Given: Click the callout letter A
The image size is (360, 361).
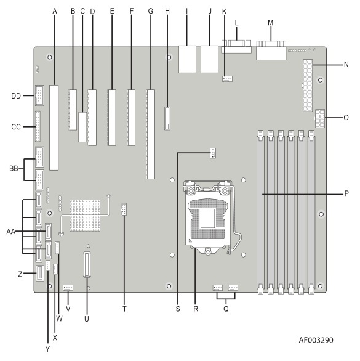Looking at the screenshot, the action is click(55, 11).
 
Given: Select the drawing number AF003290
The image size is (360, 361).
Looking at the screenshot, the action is click(316, 340).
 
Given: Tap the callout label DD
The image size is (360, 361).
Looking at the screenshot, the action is click(16, 95).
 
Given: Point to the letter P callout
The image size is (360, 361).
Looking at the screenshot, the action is click(346, 193).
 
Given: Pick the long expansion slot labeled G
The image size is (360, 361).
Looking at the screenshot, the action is click(151, 134).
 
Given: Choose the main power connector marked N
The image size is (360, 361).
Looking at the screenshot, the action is click(308, 86).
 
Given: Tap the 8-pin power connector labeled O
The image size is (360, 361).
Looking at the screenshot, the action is click(320, 118).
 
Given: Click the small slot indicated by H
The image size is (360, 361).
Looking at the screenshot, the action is click(168, 118).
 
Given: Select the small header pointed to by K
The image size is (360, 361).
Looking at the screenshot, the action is click(227, 79).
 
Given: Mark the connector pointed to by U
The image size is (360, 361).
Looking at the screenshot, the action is click(87, 264).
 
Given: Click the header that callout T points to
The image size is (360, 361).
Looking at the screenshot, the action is click(124, 209).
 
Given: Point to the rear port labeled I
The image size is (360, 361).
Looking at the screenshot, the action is click(188, 59).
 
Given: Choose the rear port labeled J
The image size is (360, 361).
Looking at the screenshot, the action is click(209, 59).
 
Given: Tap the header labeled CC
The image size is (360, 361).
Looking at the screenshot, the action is click(38, 126).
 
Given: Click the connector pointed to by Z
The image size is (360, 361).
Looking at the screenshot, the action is click(40, 273).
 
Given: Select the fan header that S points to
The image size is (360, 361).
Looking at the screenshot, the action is click(213, 153).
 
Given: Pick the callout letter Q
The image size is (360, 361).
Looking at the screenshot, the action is click(226, 309).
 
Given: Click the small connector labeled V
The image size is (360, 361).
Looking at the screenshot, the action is click(68, 288).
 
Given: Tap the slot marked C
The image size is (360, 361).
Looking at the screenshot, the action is click(82, 127).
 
